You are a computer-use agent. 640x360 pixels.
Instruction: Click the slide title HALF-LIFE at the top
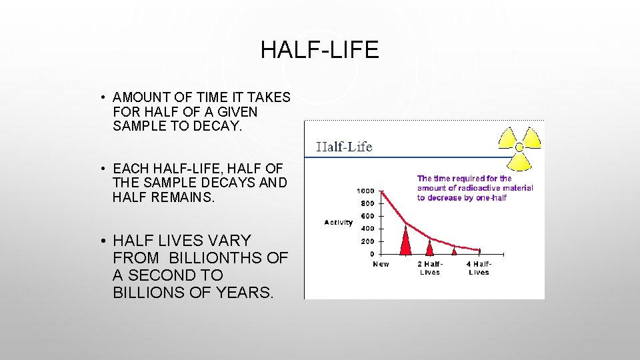coord(319,50)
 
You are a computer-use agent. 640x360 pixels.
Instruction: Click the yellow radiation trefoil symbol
coord(520,147)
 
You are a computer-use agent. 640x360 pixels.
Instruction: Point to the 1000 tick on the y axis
coord(365,191)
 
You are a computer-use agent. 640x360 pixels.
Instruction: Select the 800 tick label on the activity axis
coord(367,203)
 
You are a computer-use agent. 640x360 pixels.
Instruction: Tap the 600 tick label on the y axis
coord(367,216)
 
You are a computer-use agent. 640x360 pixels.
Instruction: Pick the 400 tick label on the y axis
coord(367,229)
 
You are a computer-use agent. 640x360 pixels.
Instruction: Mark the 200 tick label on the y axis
coord(367,241)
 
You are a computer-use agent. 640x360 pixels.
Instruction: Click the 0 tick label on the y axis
coord(371,254)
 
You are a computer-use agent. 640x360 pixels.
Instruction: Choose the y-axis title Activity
coord(338,223)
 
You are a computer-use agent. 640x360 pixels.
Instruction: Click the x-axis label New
coord(381,264)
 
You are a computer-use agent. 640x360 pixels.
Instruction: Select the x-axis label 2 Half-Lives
coord(429,268)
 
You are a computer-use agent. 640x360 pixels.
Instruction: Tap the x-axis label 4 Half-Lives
coord(479,268)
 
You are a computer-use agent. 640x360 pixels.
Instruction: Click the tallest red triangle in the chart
coord(405,242)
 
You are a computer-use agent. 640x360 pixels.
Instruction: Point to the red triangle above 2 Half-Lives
coord(429,249)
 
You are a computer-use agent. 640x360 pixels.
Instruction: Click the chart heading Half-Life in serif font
coord(344,147)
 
